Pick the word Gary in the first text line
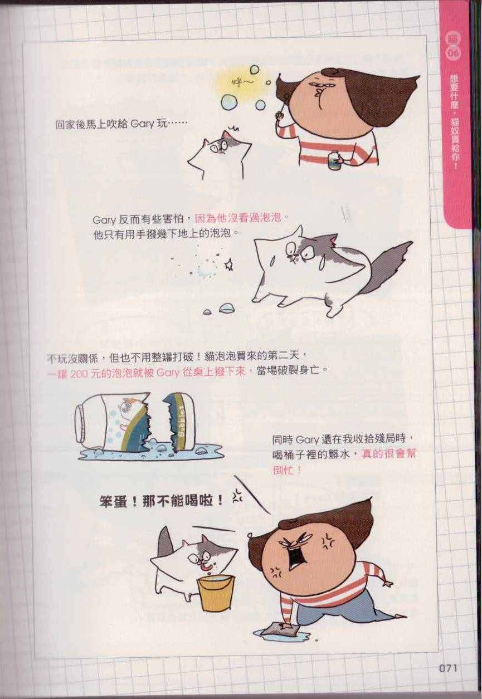click(142, 125)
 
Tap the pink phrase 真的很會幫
click(388, 454)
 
